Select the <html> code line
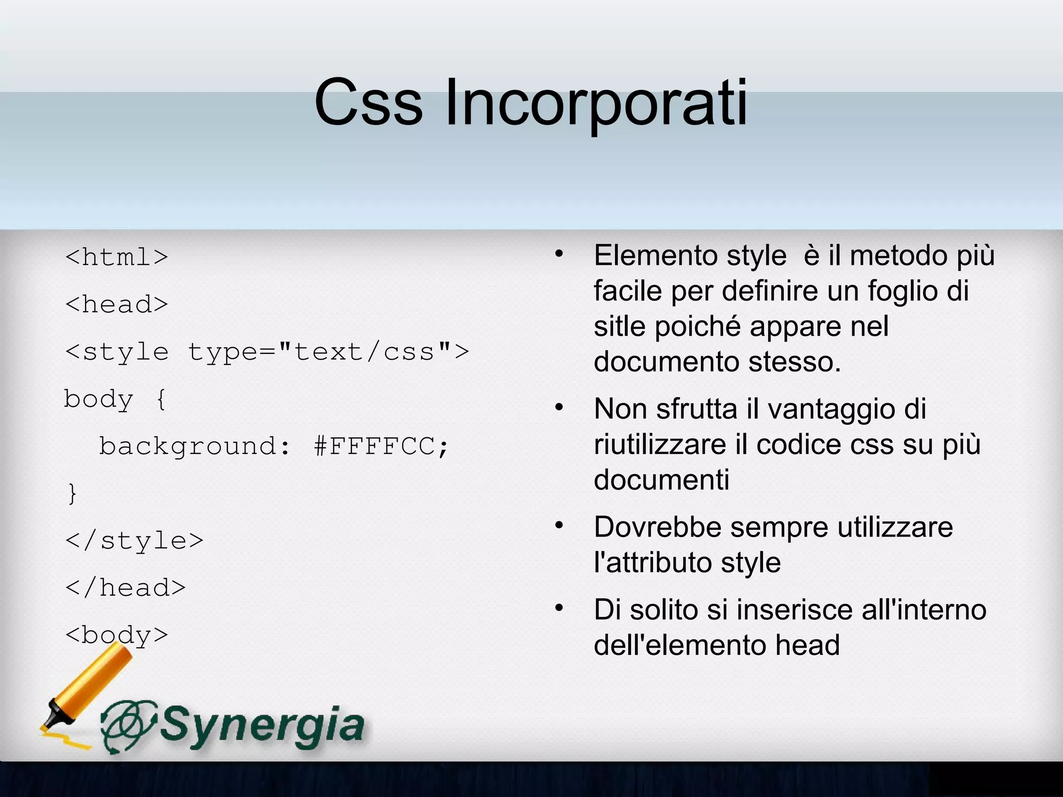point(117,257)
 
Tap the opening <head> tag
point(117,304)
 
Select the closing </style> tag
point(134,541)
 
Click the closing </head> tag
point(126,588)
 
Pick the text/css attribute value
point(364,352)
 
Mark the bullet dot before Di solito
point(558,608)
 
